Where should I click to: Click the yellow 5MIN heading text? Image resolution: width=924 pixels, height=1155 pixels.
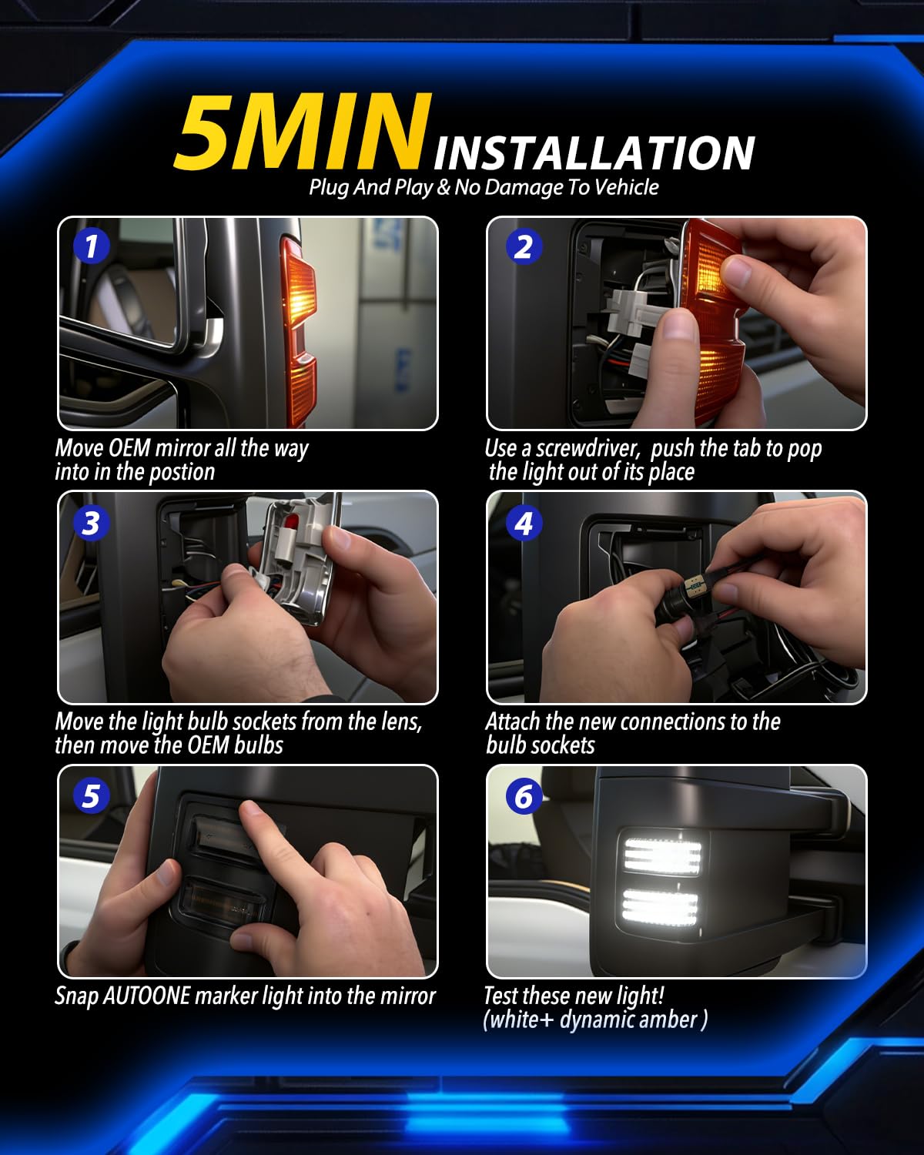point(303,132)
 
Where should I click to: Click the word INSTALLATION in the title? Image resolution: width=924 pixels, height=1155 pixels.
point(594,153)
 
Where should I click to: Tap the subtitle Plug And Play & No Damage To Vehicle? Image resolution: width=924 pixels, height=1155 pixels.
point(484,187)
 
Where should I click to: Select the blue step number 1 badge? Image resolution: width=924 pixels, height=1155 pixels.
point(92,246)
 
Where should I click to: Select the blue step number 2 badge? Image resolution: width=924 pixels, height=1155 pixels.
point(524,246)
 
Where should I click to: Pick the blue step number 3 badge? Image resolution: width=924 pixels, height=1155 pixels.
point(92,523)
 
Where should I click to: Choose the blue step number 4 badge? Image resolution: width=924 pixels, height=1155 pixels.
point(524,523)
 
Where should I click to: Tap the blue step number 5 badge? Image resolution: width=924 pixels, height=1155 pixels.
point(92,795)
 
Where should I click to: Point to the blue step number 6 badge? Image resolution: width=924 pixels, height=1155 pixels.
point(524,795)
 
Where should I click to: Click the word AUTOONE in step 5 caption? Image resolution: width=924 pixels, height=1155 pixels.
point(146,996)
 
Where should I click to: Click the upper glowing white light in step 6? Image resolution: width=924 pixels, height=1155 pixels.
point(662,855)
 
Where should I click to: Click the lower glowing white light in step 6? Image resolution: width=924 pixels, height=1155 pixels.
point(660,906)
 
